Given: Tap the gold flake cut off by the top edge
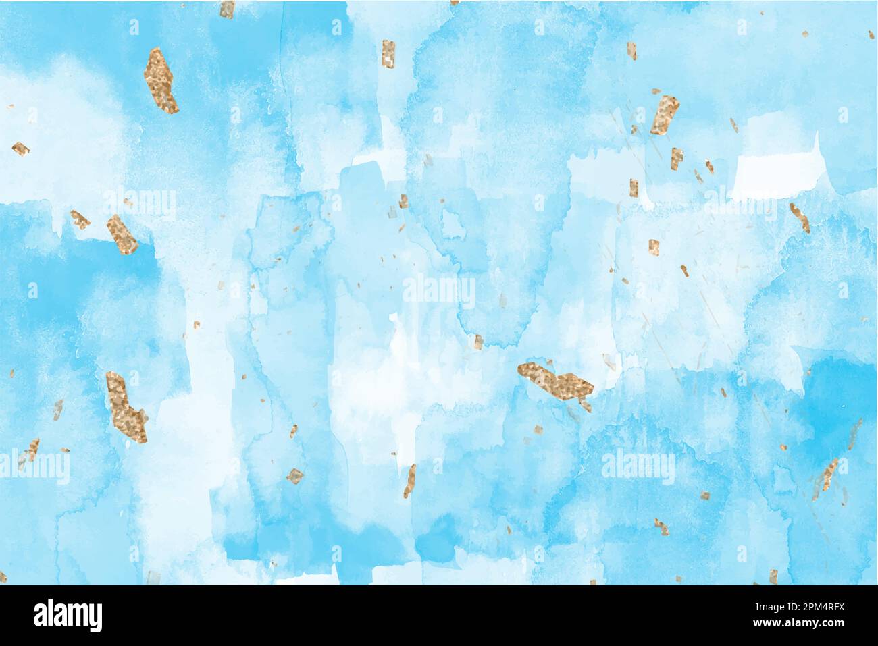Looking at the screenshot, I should [x=228, y=8].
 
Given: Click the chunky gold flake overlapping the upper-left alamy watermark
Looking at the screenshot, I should [x=121, y=234].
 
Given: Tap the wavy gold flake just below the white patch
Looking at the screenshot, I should [x=800, y=217].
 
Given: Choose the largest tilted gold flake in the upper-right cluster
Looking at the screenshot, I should [x=665, y=115].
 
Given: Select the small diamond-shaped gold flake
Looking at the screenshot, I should [x=295, y=476].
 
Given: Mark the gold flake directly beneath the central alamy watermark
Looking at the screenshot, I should [x=477, y=342].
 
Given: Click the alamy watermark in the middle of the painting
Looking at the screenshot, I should [x=439, y=292].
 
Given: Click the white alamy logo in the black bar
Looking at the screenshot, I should [x=68, y=616].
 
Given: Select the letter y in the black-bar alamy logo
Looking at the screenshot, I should [x=95, y=619].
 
